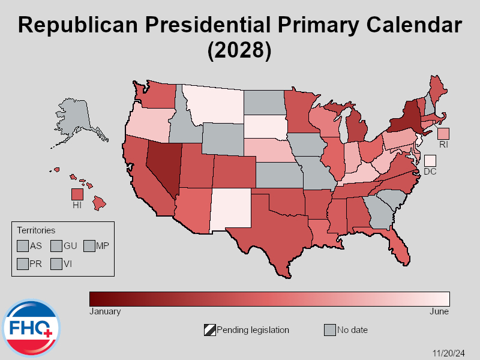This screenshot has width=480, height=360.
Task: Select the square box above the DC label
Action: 430,161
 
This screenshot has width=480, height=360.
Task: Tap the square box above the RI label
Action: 443,133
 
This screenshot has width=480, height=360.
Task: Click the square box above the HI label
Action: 77,194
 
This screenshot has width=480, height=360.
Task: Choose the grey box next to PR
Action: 23,264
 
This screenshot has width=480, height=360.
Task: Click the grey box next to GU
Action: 56,245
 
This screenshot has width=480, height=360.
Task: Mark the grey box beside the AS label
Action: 23,245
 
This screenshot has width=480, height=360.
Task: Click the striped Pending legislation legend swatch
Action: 210,330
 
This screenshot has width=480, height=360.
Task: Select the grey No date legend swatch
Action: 330,330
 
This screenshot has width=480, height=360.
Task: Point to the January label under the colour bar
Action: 105,311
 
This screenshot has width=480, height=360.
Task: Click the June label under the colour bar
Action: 439,311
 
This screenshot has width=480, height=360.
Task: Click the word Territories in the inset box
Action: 36,230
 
